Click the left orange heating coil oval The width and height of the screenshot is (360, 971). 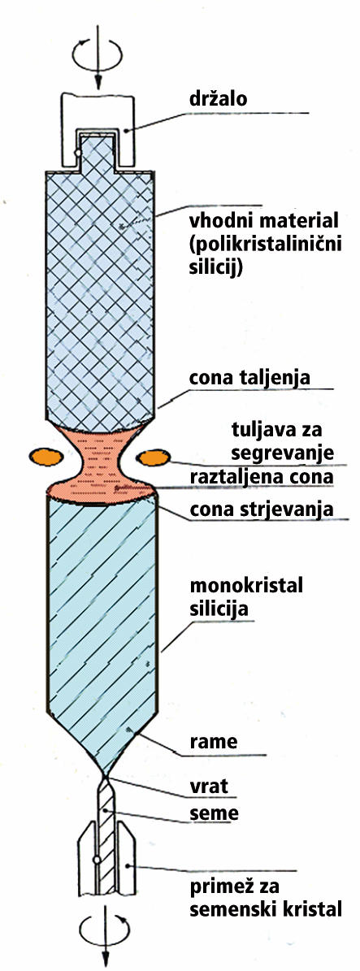click(x=46, y=457)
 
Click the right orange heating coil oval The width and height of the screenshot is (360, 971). click(x=154, y=457)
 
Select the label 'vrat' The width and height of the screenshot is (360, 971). click(x=210, y=787)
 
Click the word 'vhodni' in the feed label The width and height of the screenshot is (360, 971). click(x=220, y=220)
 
